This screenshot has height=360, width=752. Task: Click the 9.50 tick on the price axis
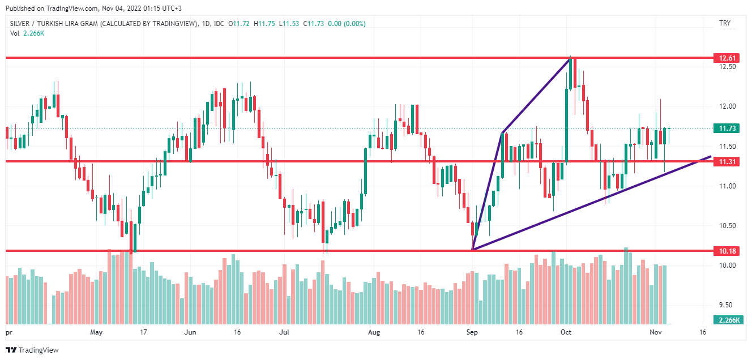coord(725,305)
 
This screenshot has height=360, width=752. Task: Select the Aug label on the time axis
coord(373,332)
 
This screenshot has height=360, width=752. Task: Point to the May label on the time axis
coord(96,332)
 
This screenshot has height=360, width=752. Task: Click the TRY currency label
coord(724,23)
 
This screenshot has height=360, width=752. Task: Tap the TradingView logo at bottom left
coord(32,350)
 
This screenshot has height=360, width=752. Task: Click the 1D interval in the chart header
coord(206,23)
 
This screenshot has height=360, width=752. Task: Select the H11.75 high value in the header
coord(265,23)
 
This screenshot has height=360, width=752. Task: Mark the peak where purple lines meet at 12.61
coord(570,58)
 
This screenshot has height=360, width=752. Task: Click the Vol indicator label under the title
coord(16,33)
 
